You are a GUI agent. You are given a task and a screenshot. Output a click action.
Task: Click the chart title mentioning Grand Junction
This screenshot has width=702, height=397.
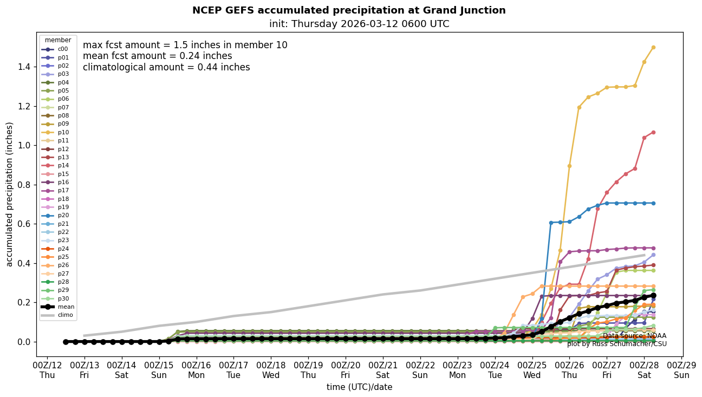click(x=349, y=10)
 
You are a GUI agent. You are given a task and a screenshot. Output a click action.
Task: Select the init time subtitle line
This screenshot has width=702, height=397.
click(x=359, y=24)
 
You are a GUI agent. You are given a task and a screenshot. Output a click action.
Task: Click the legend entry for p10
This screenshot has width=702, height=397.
click(x=63, y=132)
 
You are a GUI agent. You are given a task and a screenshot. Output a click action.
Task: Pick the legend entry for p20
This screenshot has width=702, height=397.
click(x=63, y=216)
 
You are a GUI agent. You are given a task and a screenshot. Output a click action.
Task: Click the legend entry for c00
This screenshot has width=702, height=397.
click(x=63, y=49)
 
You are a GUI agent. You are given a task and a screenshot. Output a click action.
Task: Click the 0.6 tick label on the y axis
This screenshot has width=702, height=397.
click(x=24, y=224)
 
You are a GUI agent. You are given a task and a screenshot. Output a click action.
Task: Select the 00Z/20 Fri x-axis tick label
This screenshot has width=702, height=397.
click(x=346, y=369)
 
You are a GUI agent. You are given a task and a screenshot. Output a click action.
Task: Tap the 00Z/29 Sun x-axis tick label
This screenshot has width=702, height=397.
click(x=681, y=369)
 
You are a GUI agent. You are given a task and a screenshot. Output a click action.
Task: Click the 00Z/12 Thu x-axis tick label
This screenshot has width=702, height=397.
click(x=47, y=369)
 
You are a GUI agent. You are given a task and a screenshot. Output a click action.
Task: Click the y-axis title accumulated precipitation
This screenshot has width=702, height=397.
click(x=9, y=194)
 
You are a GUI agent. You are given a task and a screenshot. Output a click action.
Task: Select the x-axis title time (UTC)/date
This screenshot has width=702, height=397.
click(x=359, y=387)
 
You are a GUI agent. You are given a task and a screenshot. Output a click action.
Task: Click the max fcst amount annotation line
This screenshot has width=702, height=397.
click(x=185, y=45)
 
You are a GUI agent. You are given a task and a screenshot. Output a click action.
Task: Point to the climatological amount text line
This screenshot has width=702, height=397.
click(x=166, y=67)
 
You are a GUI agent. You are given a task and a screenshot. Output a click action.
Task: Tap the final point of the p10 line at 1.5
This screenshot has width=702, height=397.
click(x=653, y=47)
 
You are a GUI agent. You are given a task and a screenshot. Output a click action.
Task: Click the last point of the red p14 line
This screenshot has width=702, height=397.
click(x=653, y=132)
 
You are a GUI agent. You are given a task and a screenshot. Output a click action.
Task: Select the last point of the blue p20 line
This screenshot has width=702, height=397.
click(x=653, y=203)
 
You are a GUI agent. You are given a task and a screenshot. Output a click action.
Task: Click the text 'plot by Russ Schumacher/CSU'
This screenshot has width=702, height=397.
click(x=617, y=344)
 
